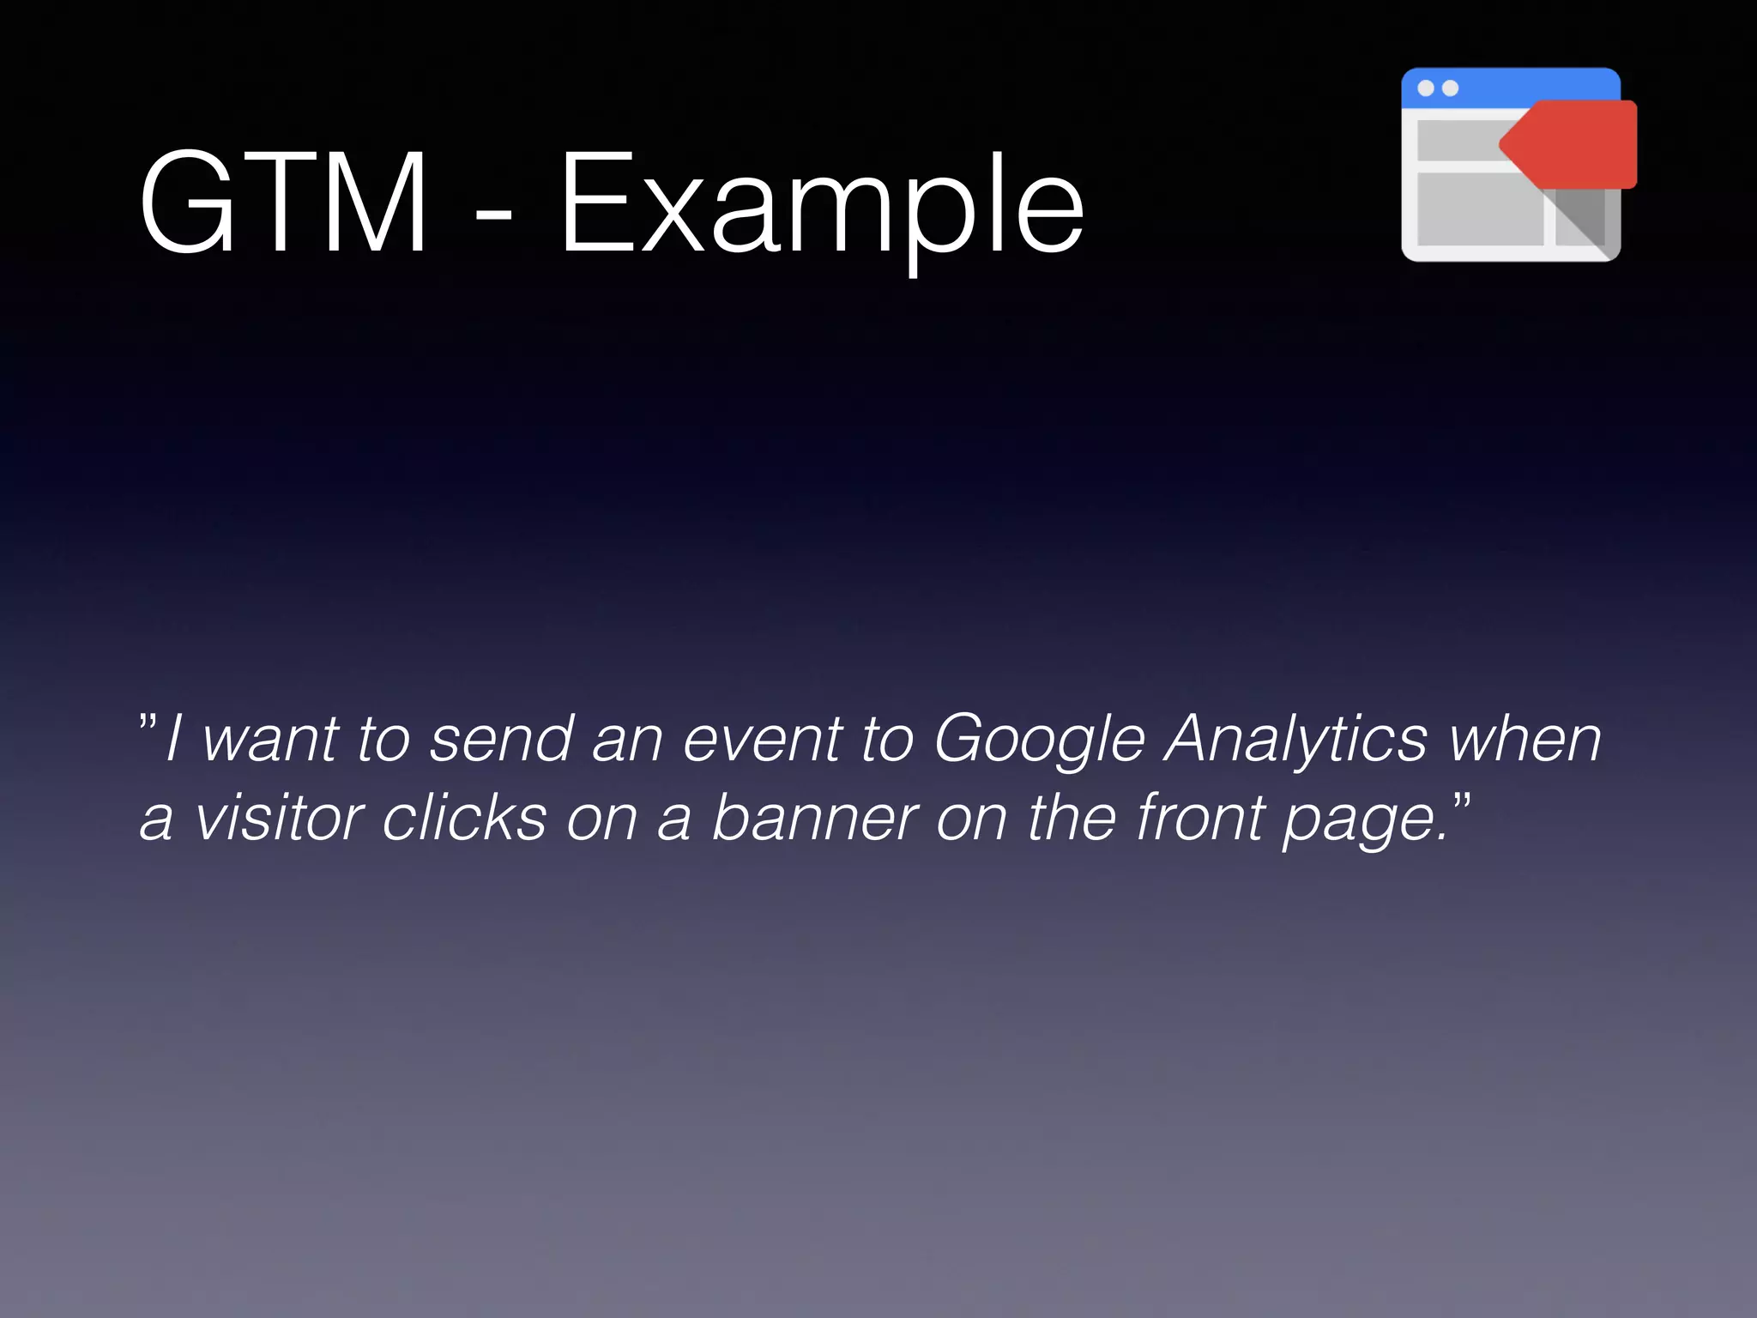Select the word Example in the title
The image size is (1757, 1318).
(x=822, y=206)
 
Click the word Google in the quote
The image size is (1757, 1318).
(x=1039, y=740)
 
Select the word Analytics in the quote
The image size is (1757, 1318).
(x=1295, y=740)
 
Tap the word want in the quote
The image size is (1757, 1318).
(x=270, y=740)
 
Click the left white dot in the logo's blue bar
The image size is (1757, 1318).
(x=1426, y=88)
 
